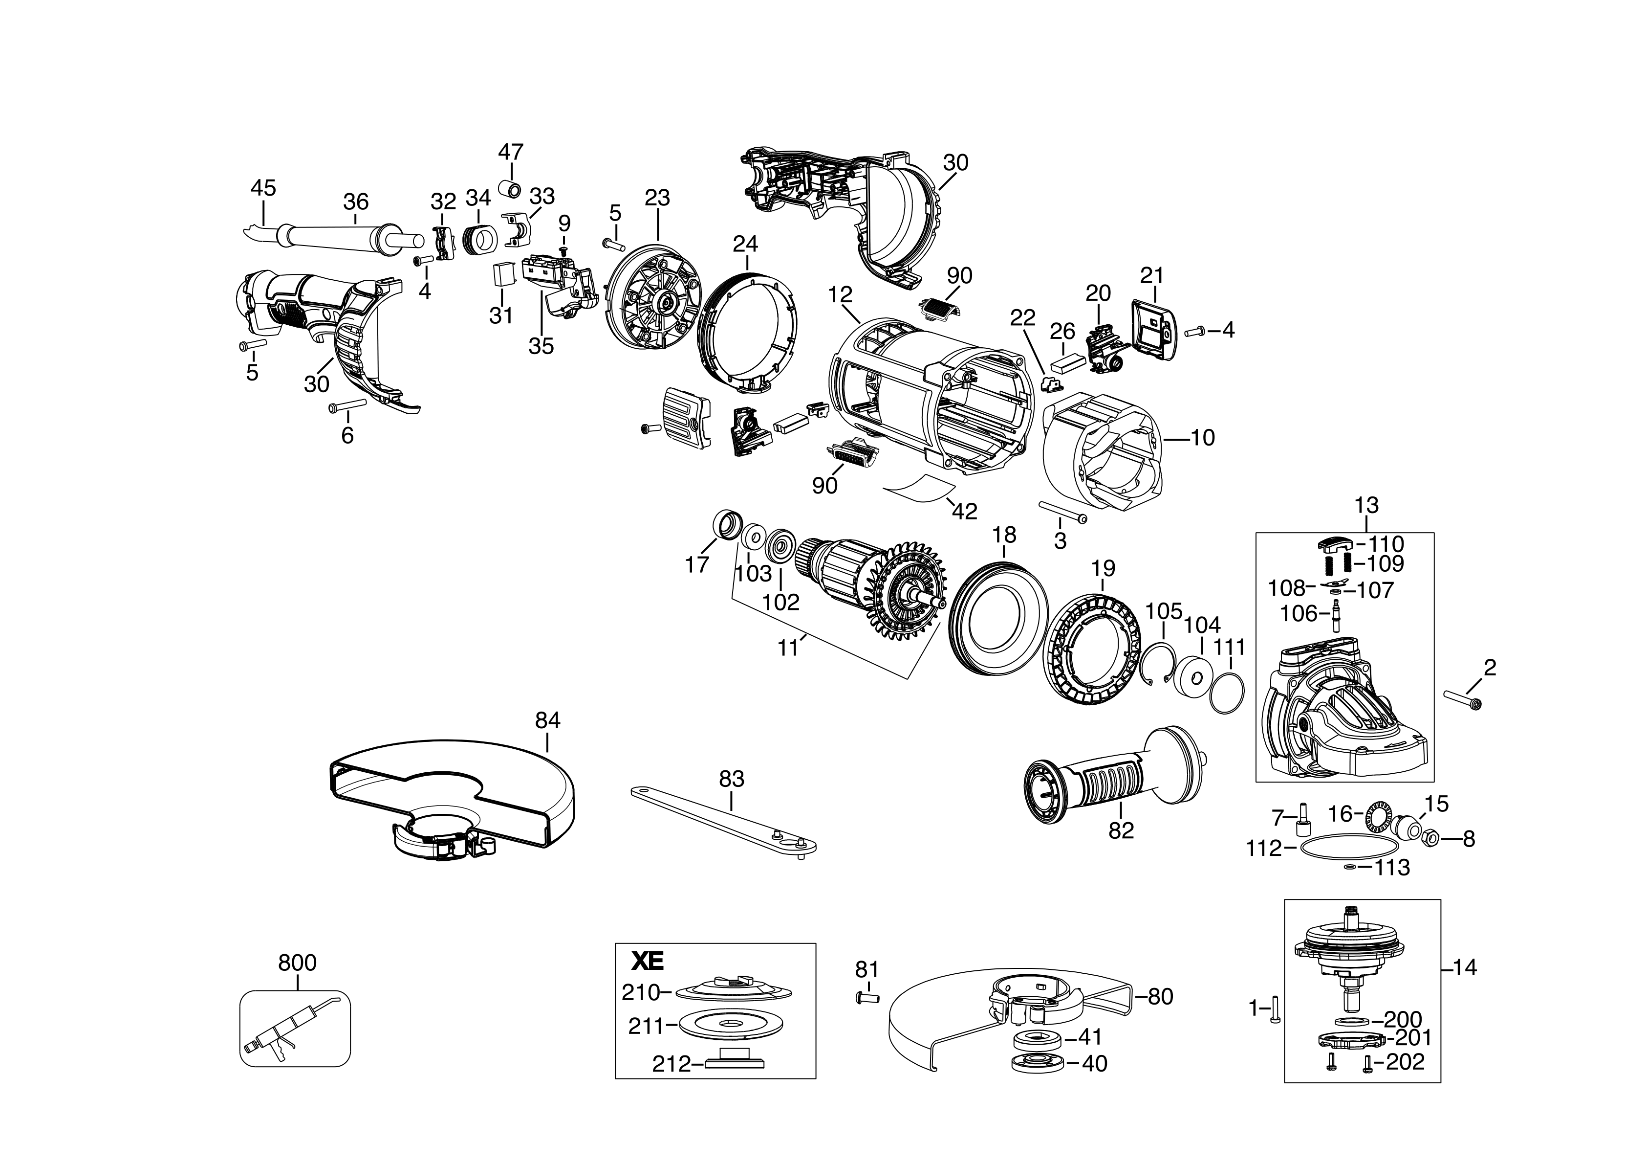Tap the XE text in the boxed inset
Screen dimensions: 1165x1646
[x=648, y=960]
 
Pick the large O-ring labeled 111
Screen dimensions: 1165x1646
[x=1227, y=693]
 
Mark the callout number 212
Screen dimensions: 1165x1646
[x=671, y=1063]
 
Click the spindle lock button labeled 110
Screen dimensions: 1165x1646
[x=1335, y=544]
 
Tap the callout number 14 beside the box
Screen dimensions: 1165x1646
[x=1465, y=968]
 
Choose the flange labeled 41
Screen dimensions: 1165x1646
[x=1032, y=1038]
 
